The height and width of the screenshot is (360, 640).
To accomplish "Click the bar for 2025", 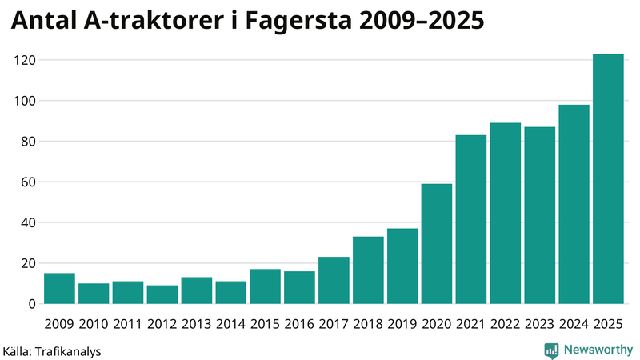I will tap(608, 179).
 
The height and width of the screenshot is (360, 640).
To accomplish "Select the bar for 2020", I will tap(437, 244).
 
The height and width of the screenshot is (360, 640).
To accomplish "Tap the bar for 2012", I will tap(162, 294).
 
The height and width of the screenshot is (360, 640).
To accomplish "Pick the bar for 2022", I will tap(506, 214).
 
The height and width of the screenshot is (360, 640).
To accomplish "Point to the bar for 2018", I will tap(368, 270).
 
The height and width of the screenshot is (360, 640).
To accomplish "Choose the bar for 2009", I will tap(59, 289).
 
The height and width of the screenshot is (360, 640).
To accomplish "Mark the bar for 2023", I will tap(540, 215).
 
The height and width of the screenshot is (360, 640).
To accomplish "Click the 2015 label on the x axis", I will tap(265, 323).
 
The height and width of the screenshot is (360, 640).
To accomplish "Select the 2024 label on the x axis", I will tap(574, 323).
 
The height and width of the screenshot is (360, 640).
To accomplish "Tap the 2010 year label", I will tap(94, 323).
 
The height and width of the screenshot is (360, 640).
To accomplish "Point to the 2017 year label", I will tap(334, 323).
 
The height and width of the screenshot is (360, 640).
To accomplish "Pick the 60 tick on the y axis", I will tap(28, 182).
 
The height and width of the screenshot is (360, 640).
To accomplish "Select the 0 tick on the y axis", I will tap(31, 304).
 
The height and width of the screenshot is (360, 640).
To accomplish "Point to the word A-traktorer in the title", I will tap(145, 22).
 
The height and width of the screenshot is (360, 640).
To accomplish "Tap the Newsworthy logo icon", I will tap(551, 350).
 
